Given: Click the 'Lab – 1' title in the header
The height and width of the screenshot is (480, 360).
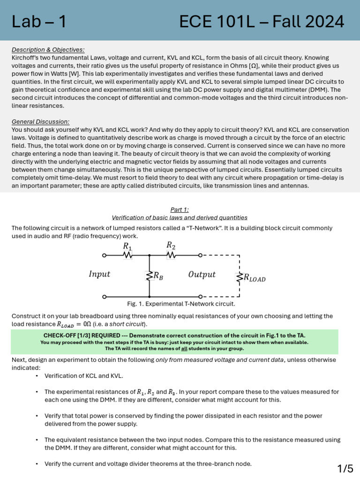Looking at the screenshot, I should [38, 21].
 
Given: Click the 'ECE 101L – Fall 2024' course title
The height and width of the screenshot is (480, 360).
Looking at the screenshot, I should [262, 21].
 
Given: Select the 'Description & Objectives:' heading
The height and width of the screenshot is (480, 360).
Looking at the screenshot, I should [48, 50].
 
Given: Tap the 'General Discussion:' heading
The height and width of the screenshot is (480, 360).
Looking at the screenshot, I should [40, 121].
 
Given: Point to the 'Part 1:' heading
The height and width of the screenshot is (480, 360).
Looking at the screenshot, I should [180, 210].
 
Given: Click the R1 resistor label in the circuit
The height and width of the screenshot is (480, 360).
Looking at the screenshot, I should [127, 246].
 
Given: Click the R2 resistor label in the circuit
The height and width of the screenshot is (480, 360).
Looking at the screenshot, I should [171, 245].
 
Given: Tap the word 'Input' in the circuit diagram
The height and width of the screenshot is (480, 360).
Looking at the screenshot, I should [99, 274].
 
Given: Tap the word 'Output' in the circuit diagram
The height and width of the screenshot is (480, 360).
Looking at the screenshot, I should [202, 274].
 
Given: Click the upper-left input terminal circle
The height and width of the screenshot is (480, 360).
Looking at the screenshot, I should [105, 255].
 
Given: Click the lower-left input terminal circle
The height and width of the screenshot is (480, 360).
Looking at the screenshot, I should [105, 297].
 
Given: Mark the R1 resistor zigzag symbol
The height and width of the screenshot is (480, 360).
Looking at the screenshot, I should [127, 255].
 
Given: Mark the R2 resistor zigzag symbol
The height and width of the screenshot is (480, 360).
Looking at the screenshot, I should [171, 255].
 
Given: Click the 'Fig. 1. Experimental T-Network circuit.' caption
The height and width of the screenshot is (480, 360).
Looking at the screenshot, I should [181, 304].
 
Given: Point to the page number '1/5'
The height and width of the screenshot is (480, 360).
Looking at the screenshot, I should [345, 468].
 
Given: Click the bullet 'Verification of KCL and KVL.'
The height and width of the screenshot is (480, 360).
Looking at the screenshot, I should [84, 375].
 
